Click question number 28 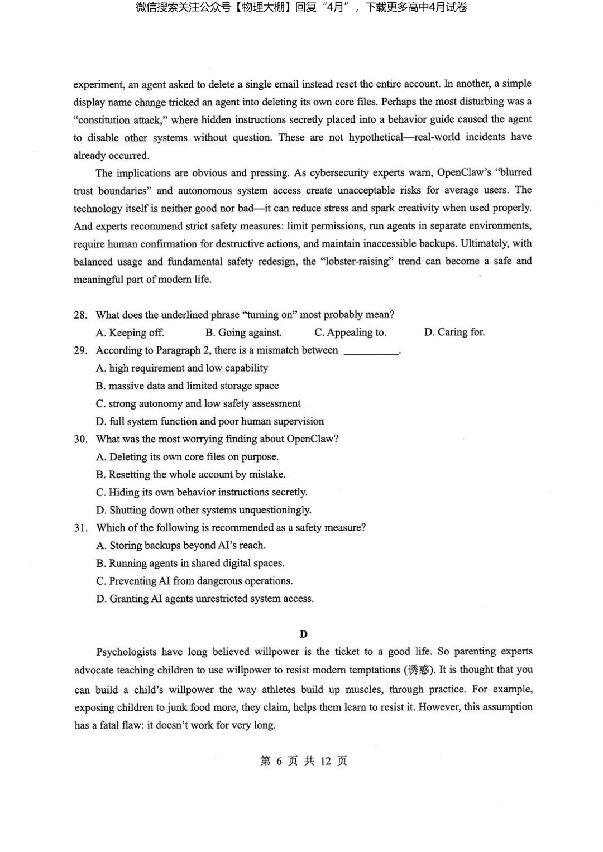[x=80, y=315]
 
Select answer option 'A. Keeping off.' [x=130, y=333]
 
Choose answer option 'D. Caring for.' [x=454, y=333]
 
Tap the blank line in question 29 [x=371, y=351]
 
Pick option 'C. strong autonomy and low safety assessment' [x=198, y=403]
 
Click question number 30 [x=81, y=439]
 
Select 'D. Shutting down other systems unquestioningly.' [x=204, y=510]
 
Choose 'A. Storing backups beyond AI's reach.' [x=181, y=546]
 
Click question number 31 [x=81, y=528]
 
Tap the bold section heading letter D [x=304, y=634]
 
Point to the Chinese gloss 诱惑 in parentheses [x=418, y=670]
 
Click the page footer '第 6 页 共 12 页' [x=304, y=761]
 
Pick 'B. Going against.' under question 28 [x=243, y=333]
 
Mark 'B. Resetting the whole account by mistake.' [x=191, y=475]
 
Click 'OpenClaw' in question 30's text [x=310, y=439]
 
